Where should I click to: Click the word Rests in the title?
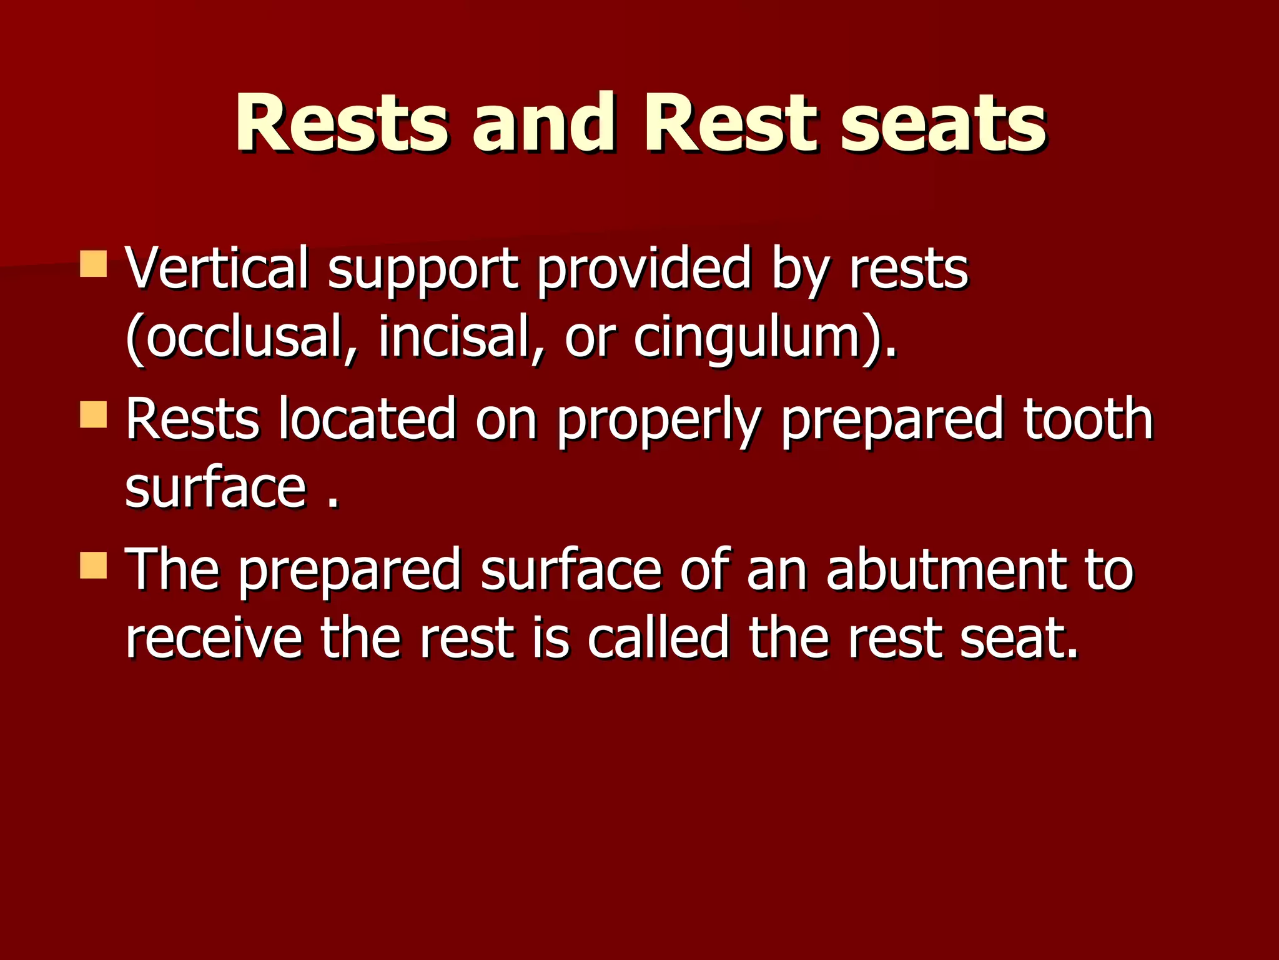(341, 122)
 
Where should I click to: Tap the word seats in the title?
(943, 122)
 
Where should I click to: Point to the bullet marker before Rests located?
(94, 415)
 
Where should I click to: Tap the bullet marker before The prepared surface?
(94, 565)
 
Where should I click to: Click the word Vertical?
(217, 269)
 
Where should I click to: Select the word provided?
(643, 269)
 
